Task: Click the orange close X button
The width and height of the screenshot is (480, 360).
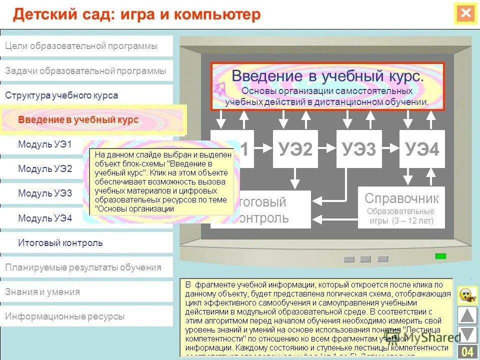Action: [465, 13]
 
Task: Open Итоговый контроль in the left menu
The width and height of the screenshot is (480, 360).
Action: [60, 243]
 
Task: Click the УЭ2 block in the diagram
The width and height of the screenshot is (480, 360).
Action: [295, 149]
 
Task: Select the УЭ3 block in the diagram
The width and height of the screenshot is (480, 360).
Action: [359, 149]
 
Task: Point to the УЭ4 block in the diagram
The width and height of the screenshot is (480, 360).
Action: [422, 149]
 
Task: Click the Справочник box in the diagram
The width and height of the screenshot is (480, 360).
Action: [401, 207]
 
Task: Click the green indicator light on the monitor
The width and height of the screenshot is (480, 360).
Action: [440, 256]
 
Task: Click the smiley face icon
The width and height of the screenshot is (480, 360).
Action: [467, 294]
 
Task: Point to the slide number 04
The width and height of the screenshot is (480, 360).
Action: [467, 352]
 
